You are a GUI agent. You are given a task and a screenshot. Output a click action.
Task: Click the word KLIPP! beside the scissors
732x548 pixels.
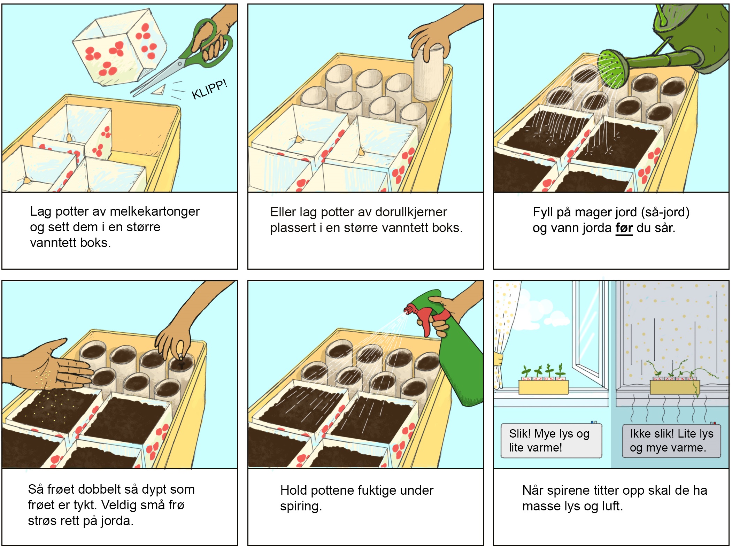coord(209,90)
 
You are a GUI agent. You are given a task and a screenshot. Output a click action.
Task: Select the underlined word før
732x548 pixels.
coord(624,228)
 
